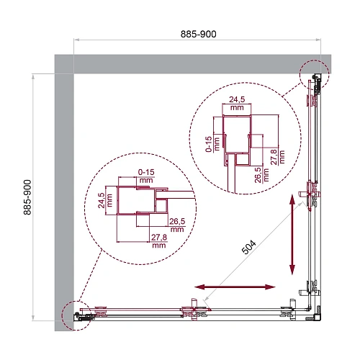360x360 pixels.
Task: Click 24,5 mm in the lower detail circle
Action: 102,199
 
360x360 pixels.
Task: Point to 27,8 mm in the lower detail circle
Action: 159,241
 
